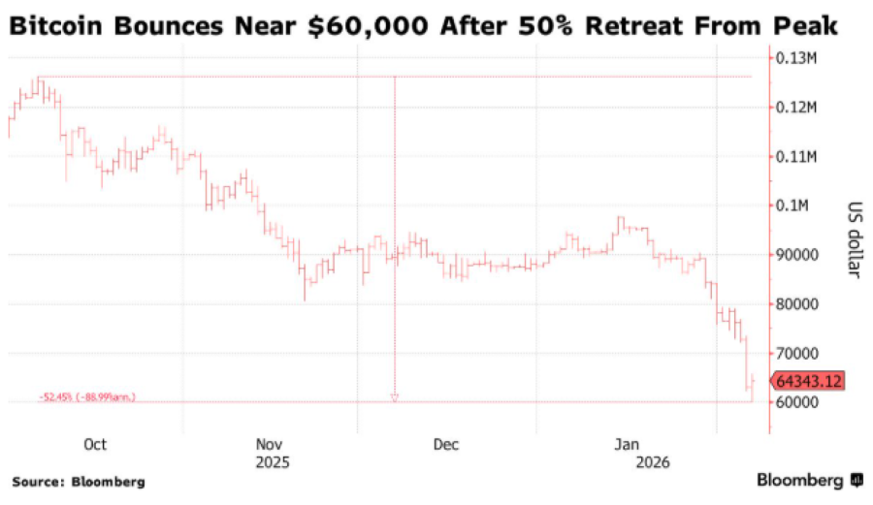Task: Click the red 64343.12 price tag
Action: click(807, 381)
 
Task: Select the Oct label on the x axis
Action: click(95, 445)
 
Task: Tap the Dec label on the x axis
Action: click(446, 445)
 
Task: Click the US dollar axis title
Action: click(854, 239)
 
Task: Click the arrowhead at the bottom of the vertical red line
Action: click(394, 397)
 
